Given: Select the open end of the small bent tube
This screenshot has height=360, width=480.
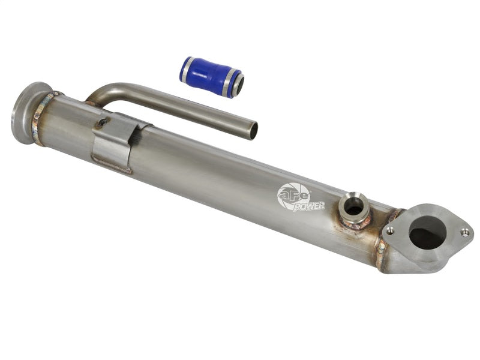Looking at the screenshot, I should [253, 130].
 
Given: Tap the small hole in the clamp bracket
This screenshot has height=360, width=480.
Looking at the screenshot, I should [103, 123].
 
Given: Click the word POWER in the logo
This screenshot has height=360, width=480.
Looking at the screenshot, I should [309, 206].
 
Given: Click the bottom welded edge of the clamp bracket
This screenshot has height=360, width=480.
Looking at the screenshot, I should [111, 166].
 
